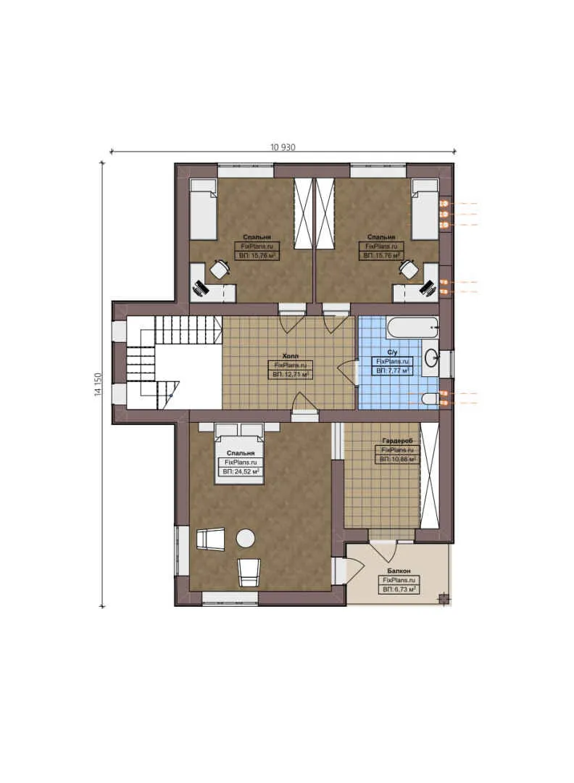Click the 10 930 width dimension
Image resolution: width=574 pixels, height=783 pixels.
coord(283,146)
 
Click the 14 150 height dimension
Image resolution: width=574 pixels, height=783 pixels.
coord(96,384)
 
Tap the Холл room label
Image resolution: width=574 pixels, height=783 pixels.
coord(288,357)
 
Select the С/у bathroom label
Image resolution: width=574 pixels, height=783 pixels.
coord(391,352)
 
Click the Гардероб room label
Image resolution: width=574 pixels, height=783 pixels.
coord(396,441)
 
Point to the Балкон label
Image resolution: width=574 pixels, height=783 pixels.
coord(399,571)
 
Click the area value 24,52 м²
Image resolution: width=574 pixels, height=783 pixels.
coord(239,471)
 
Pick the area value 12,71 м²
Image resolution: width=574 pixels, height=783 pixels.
coord(289,375)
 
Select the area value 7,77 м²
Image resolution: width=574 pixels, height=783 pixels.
coord(392,370)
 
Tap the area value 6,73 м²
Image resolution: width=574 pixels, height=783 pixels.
coord(399,589)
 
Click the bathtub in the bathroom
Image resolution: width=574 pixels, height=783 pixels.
coord(412,328)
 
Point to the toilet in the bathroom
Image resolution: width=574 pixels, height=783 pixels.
coord(430,397)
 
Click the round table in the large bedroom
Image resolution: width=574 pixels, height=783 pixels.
coord(246,538)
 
